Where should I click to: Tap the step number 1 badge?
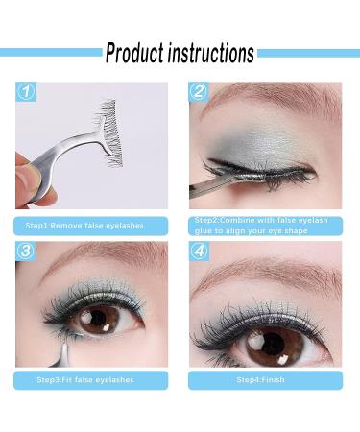pyautogui.click(x=26, y=93)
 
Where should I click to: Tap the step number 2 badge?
pyautogui.click(x=199, y=93)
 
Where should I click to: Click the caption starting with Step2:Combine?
pyautogui.click(x=259, y=227)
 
